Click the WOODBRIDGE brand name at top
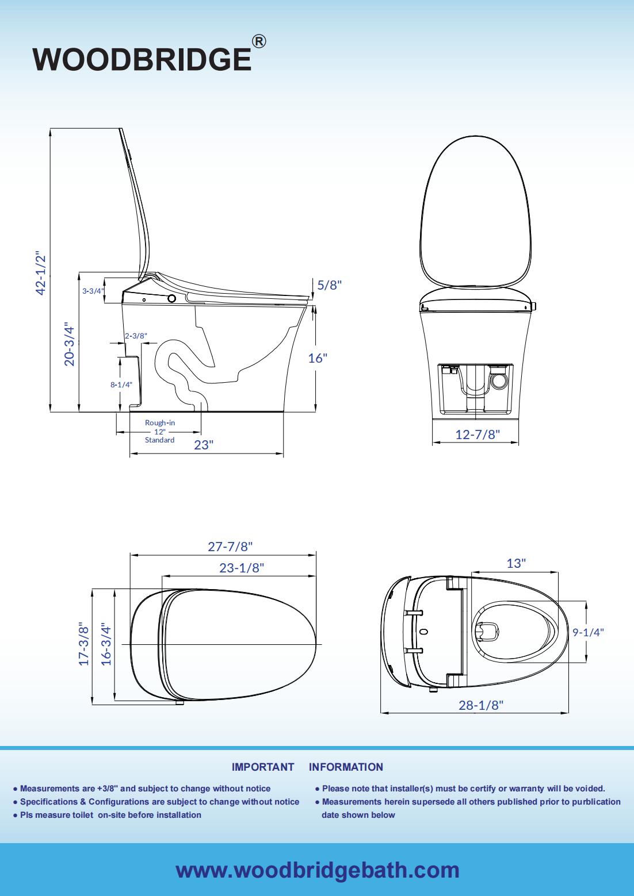142,59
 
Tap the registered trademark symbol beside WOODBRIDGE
259,41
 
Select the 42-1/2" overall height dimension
41,275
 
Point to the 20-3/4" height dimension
70,344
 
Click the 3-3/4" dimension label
93,291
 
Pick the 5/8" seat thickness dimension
330,285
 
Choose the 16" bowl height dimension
318,358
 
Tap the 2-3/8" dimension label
136,336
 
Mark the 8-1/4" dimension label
121,385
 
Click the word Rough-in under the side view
160,422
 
